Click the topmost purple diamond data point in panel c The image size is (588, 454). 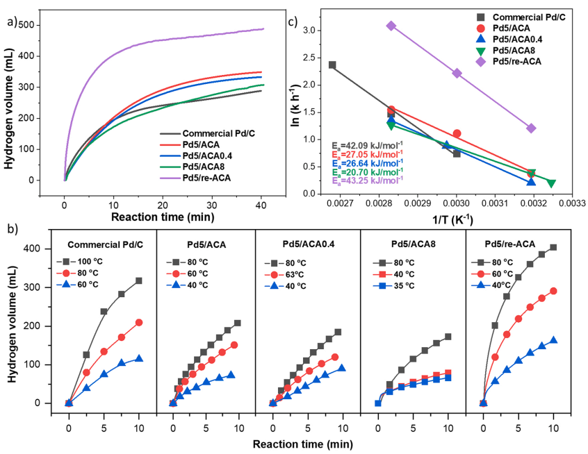[391, 26]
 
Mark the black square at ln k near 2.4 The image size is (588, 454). [332, 65]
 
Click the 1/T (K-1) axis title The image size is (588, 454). [459, 217]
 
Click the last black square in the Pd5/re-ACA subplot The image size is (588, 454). [553, 247]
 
